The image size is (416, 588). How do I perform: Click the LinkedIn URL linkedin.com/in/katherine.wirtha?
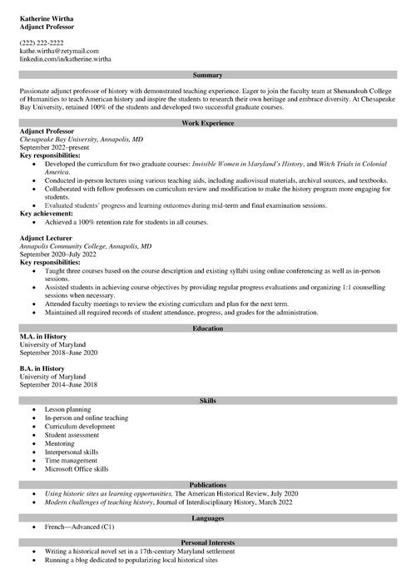(65, 59)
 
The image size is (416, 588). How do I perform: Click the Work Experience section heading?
(208, 123)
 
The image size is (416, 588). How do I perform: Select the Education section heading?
(208, 329)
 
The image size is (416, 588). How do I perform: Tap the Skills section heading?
(208, 401)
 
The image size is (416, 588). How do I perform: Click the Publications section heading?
(208, 485)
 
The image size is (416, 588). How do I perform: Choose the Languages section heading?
(208, 518)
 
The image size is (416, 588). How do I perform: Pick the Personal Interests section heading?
(208, 542)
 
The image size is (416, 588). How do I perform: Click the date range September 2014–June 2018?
(58, 385)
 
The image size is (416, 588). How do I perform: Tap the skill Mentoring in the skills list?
(60, 443)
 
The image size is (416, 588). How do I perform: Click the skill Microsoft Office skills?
(77, 468)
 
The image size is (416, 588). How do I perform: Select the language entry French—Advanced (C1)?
(80, 527)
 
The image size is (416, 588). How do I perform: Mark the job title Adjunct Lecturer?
(47, 238)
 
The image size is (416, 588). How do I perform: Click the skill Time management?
(72, 460)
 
